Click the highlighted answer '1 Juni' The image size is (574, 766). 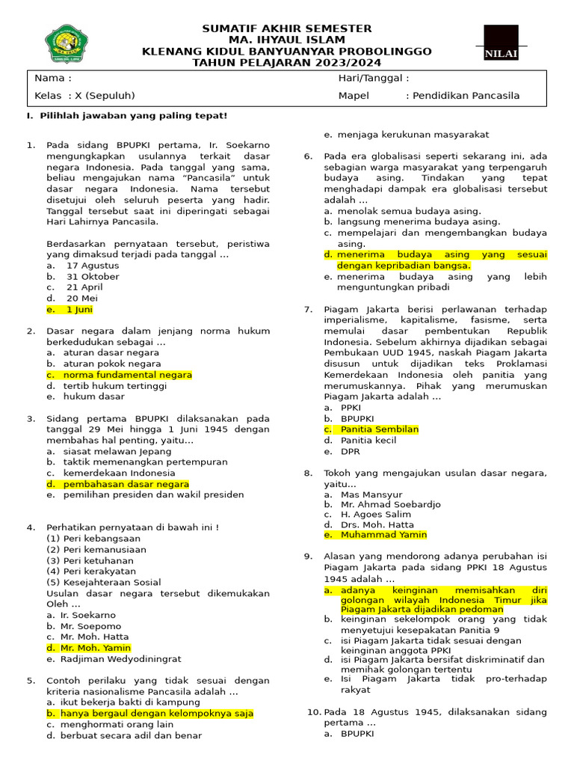coord(79,309)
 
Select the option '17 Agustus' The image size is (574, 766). coord(93,266)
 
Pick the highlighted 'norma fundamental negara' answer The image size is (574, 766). coord(127,375)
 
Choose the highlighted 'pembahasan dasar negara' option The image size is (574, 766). coord(126,484)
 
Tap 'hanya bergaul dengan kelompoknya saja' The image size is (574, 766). coord(158,714)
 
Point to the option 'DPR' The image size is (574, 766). coord(350,451)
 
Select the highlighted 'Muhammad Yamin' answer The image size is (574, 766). coord(383,535)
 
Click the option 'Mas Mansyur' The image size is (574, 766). coord(371,494)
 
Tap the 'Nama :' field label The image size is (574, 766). coord(53,78)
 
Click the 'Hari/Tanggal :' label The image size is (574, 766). coord(373,78)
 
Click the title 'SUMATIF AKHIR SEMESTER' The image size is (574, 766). coord(287,28)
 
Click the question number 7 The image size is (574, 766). coord(308,309)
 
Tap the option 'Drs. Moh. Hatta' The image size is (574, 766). coord(377,524)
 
